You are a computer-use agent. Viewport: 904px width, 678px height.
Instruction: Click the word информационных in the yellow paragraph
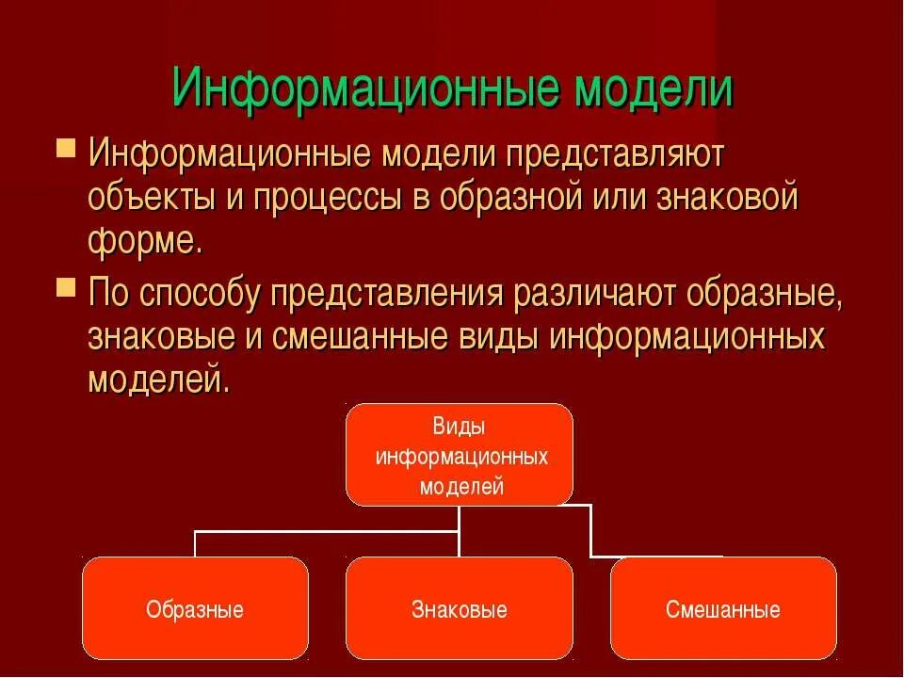pyautogui.click(x=687, y=336)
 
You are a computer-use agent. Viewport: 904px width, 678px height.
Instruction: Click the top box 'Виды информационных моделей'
pyautogui.click(x=460, y=455)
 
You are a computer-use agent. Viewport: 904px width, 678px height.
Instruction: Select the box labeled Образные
pyautogui.click(x=195, y=608)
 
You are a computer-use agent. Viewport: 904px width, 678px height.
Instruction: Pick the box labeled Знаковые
pyautogui.click(x=460, y=608)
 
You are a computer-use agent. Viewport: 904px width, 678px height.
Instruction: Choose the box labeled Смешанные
pyautogui.click(x=723, y=608)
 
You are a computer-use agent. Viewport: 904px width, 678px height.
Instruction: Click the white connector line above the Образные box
pyautogui.click(x=196, y=543)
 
